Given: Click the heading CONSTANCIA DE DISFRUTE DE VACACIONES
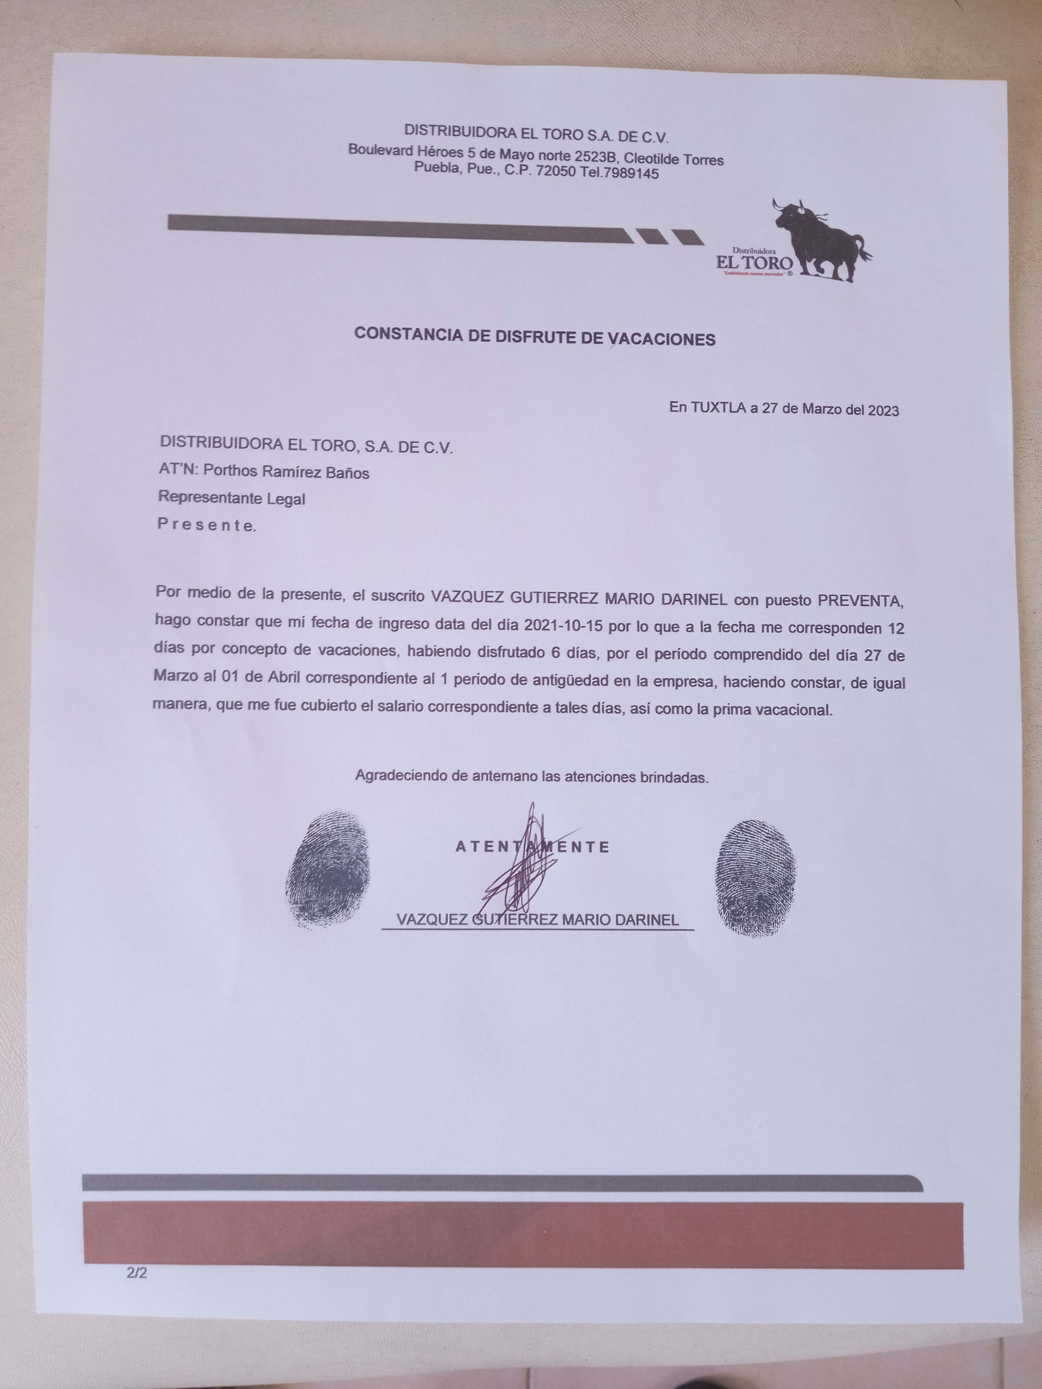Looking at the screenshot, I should tap(535, 337).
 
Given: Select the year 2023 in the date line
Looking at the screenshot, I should tap(883, 411).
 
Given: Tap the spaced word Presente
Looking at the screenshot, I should tap(206, 525).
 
